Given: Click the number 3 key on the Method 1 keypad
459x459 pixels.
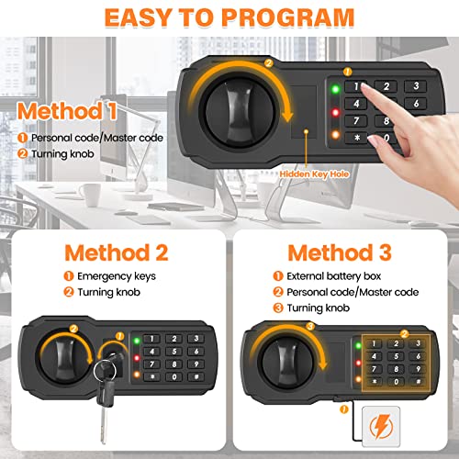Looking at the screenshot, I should coord(415,86).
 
